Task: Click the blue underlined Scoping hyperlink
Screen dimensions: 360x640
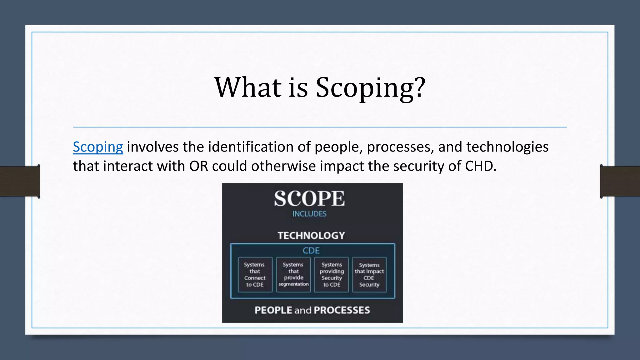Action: (98, 147)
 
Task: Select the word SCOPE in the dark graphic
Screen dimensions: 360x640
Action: (309, 199)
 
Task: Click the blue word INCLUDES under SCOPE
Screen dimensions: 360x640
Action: (309, 214)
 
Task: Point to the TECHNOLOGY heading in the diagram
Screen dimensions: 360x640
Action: (311, 235)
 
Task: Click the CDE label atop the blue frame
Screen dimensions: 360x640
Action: (311, 251)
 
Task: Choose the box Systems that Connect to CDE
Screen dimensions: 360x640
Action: (255, 275)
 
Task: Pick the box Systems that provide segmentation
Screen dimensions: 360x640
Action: (293, 275)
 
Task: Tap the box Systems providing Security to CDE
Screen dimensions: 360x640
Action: (332, 275)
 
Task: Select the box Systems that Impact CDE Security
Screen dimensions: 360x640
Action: (369, 275)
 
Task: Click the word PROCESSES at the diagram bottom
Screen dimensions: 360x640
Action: (342, 310)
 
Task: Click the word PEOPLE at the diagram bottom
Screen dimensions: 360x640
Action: (273, 310)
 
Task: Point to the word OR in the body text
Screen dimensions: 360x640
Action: (199, 166)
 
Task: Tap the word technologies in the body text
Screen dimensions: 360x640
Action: (507, 147)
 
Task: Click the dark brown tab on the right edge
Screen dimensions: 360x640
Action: (620, 181)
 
